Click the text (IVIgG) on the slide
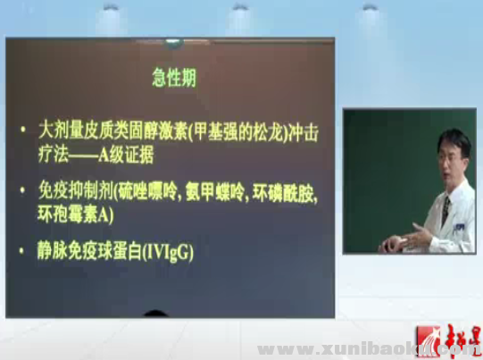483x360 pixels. click(x=168, y=252)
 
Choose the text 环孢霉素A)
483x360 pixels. click(x=84, y=214)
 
